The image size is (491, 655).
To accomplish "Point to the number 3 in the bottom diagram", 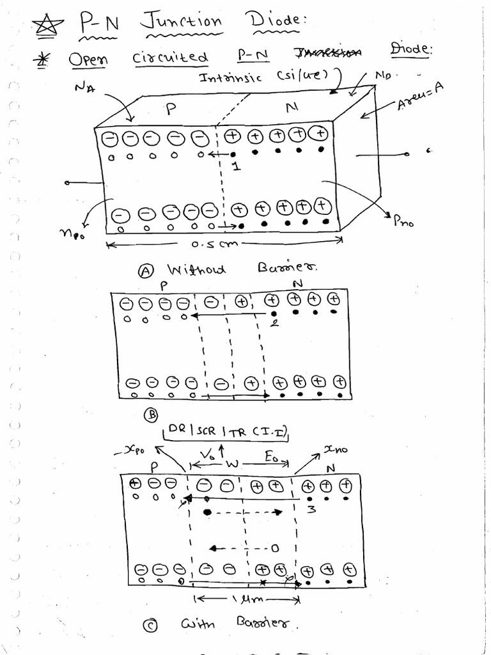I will coord(311,510).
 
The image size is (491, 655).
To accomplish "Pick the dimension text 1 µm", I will coord(245,600).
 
